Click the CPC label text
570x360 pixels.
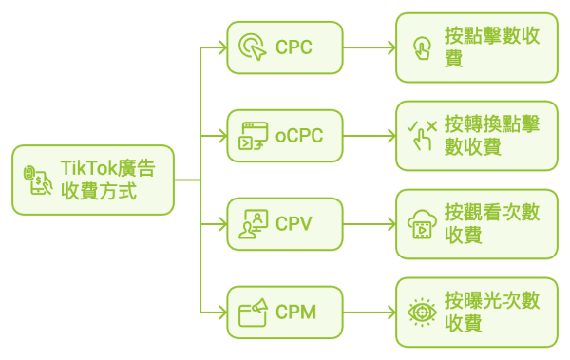[294, 47]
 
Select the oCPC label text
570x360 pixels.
[299, 136]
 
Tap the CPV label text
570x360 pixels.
[294, 224]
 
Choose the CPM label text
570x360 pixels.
[295, 312]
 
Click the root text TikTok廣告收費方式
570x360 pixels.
[106, 180]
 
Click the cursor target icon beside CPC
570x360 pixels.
[252, 47]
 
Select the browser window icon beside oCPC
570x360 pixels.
[252, 136]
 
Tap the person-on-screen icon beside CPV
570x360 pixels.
[252, 224]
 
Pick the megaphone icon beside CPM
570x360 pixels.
[252, 312]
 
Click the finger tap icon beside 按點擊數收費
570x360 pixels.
[421, 47]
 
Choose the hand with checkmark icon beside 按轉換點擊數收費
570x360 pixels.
[421, 136]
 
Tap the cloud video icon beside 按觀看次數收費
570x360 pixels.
[421, 224]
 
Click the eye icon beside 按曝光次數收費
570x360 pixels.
[421, 312]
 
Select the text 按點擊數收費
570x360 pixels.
[491, 47]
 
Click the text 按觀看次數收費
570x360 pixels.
[491, 224]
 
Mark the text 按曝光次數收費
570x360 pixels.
[491, 312]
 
